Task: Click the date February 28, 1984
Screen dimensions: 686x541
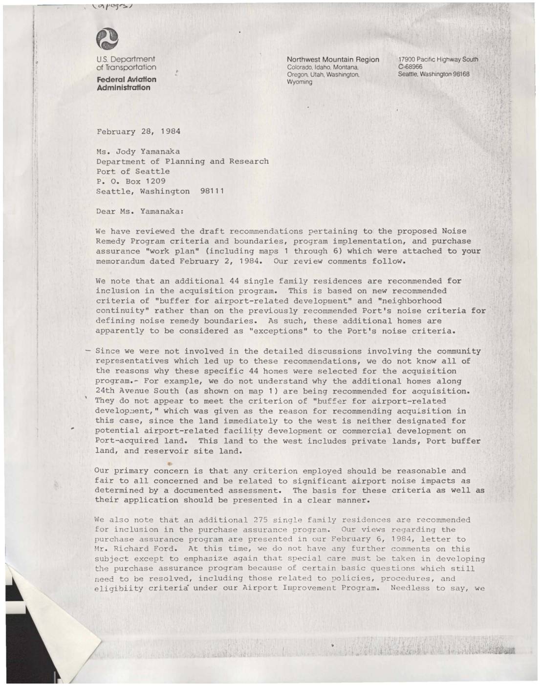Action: click(x=138, y=132)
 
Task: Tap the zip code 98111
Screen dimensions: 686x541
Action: click(x=212, y=191)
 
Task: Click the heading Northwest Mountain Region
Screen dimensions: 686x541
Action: click(x=333, y=60)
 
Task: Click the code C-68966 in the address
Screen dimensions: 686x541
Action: click(x=410, y=67)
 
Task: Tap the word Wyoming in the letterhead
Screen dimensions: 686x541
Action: click(x=299, y=82)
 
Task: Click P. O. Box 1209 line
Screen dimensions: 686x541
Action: click(x=131, y=181)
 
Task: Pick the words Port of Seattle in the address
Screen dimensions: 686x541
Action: click(x=133, y=171)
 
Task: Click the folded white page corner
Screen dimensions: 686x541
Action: click(x=34, y=616)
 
